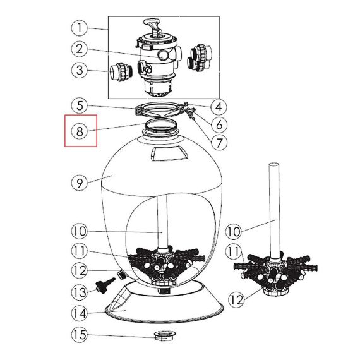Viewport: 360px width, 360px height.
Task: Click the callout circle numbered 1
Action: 80,28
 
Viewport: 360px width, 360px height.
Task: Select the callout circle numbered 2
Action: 80,49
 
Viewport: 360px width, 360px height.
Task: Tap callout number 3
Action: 80,70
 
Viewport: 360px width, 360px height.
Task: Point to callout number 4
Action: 219,107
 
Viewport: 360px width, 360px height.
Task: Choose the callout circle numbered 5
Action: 80,106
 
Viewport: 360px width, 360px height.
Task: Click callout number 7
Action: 219,143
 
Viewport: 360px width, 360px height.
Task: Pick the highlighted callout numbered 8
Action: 80,131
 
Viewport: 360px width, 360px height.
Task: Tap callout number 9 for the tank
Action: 80,183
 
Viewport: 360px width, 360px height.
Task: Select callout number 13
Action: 80,292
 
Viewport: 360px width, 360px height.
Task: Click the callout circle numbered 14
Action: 80,314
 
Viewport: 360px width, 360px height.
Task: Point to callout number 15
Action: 80,335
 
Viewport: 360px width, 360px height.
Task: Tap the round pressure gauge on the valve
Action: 163,55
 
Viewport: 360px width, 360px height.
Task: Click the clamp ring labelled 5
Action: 160,110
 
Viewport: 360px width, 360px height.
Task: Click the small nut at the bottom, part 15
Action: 165,336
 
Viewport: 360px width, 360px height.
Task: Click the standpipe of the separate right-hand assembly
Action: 275,211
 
